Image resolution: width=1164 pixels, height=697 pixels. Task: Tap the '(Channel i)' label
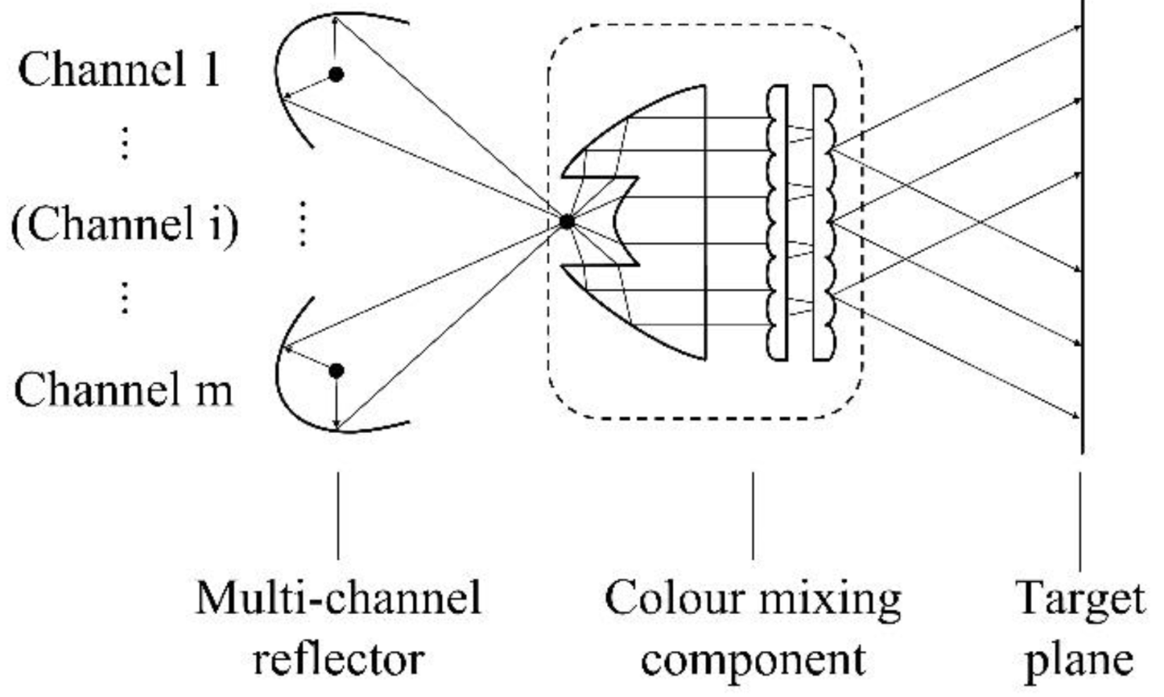[125, 224]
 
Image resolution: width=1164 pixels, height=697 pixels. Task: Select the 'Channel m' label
[124, 389]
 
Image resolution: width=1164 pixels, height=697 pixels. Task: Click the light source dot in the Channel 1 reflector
[336, 74]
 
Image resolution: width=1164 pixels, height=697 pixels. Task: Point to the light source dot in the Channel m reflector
[336, 370]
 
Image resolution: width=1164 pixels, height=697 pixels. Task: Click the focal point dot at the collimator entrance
[566, 222]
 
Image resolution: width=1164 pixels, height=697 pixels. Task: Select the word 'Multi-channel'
[338, 598]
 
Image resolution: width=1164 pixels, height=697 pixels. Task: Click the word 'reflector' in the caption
[338, 659]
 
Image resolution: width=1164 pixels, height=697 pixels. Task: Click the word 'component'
[753, 660]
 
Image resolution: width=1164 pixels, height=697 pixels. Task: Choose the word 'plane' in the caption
[1079, 660]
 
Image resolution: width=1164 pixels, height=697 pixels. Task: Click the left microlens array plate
[776, 222]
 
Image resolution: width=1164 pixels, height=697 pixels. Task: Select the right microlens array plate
[823, 222]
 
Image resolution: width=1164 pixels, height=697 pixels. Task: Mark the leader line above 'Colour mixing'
[753, 515]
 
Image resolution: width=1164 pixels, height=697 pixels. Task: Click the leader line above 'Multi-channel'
[338, 515]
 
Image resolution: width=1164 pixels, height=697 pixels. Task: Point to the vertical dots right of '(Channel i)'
[302, 224]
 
